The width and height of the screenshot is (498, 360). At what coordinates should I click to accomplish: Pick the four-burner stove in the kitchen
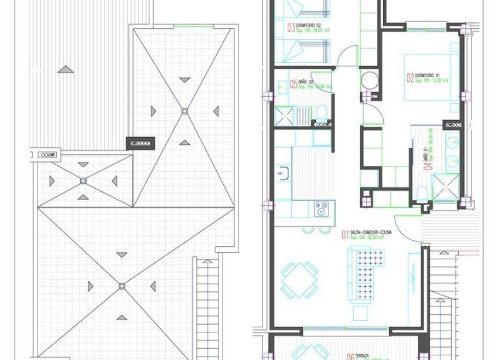pos(322,207)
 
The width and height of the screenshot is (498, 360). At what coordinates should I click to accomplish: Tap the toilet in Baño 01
pos(422,192)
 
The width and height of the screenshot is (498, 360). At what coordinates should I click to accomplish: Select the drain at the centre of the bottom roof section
pos(122,286)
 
